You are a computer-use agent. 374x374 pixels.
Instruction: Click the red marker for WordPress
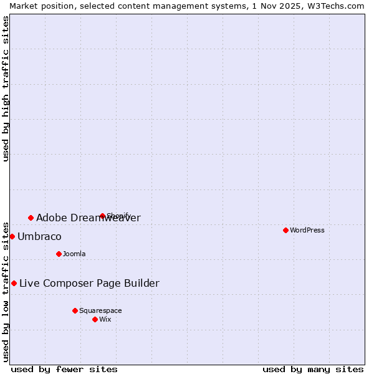pos(285,230)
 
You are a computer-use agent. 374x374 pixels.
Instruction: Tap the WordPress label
pos(307,230)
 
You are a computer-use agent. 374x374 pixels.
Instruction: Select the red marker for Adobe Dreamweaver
pos(31,218)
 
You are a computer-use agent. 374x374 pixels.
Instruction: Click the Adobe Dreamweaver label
pos(88,218)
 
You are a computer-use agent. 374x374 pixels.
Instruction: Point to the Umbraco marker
pos(12,236)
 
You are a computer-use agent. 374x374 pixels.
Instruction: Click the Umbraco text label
pos(39,236)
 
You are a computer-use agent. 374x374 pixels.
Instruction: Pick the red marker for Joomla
pos(59,254)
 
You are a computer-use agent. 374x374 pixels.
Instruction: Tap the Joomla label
pos(74,254)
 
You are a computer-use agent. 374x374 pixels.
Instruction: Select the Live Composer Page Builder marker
pos(14,283)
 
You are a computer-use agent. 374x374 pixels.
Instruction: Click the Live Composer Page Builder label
pos(89,283)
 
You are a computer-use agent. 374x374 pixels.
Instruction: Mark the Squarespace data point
pos(75,310)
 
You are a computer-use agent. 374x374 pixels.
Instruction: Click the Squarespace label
pos(100,310)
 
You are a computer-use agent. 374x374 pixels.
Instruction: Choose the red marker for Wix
pos(95,319)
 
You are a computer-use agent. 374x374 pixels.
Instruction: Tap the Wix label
pos(105,319)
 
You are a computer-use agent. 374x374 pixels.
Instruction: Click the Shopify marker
pos(102,216)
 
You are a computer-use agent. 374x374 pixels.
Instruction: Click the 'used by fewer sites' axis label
pos(64,369)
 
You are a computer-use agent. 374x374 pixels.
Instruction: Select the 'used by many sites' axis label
pos(313,369)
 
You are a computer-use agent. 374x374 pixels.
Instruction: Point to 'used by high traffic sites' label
pos(6,89)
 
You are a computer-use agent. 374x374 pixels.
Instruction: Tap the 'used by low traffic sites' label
pos(6,291)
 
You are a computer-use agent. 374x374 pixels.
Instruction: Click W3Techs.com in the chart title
pos(335,6)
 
